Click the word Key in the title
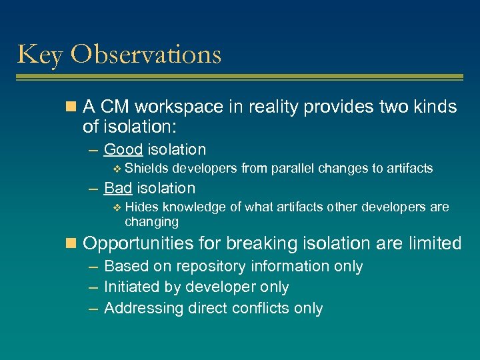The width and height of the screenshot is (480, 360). (40, 55)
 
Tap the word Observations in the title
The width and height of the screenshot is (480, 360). (146, 53)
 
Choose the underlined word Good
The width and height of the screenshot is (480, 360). (123, 149)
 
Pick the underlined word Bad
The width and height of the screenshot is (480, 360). (118, 188)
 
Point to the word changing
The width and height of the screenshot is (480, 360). (151, 221)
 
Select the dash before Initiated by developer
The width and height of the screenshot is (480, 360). (91, 287)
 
